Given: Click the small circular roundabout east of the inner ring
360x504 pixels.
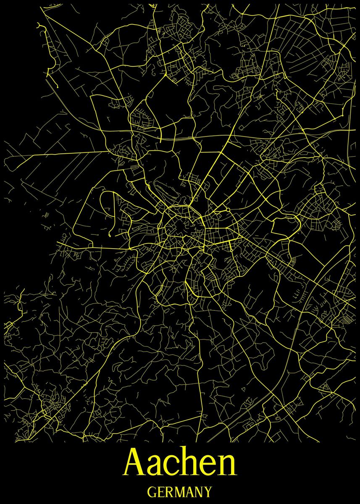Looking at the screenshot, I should pos(227,210).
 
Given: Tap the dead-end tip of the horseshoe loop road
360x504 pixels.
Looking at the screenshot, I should pos(110,236).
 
